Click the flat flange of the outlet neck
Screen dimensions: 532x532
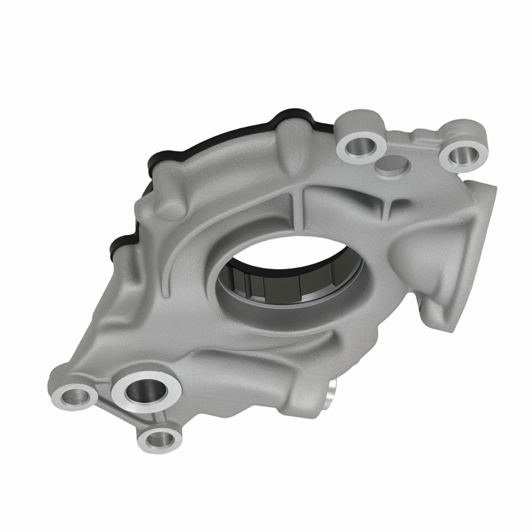[x=481, y=223]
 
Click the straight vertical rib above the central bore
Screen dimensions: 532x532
[x=299, y=213]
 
